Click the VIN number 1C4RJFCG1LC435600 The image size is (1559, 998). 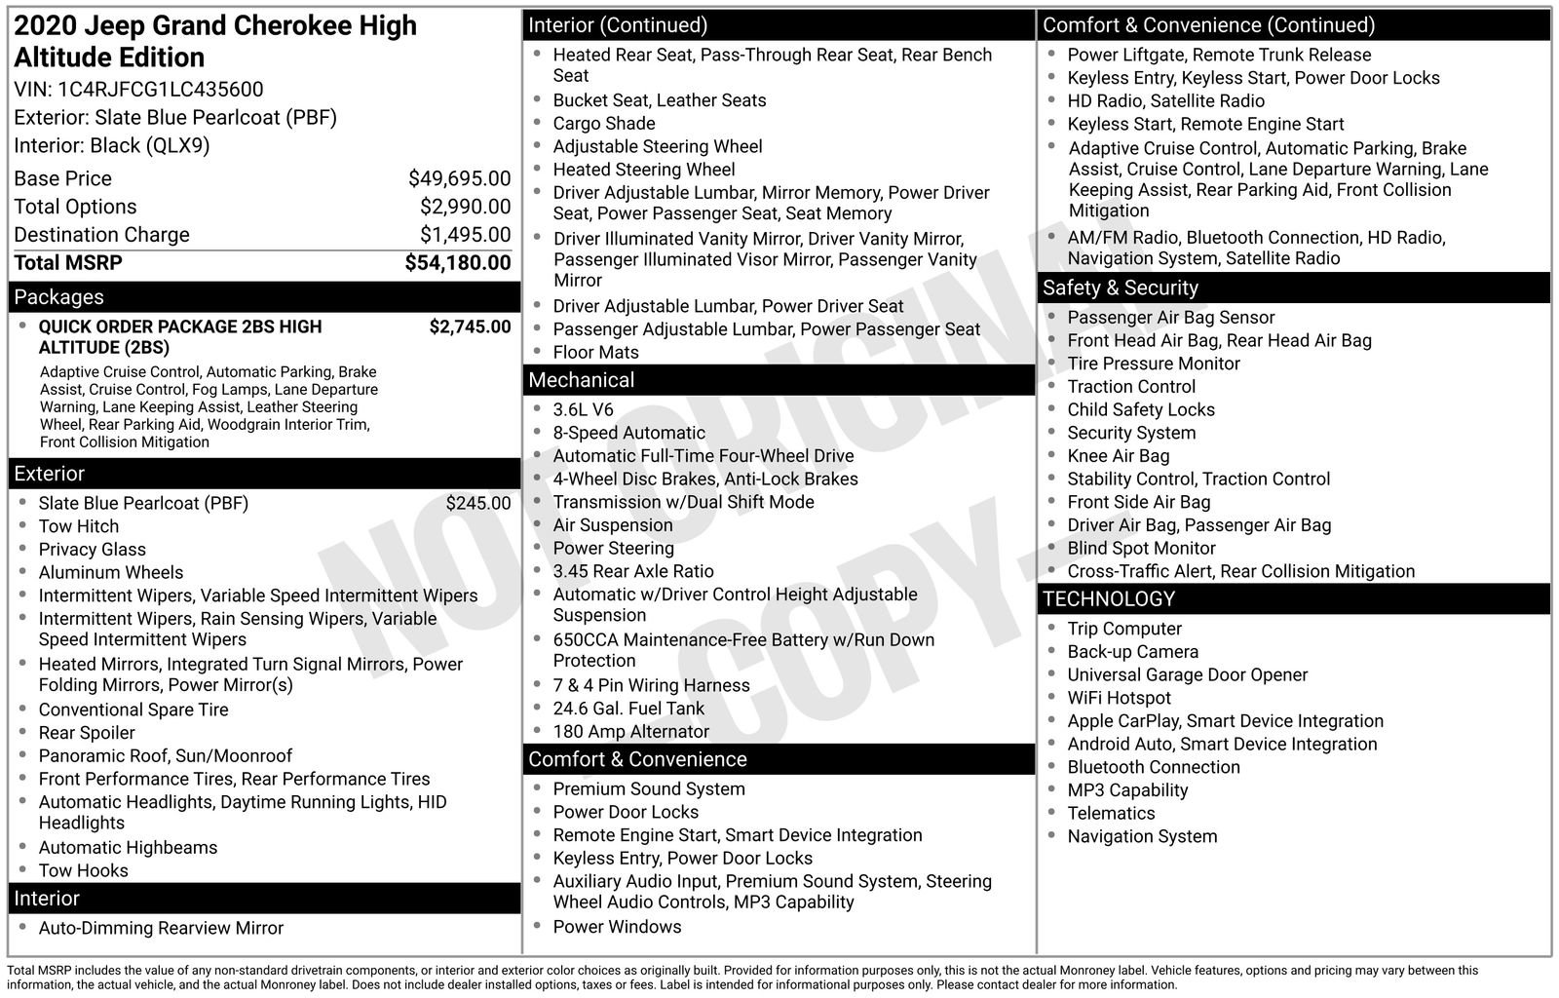click(161, 90)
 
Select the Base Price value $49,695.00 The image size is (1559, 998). click(459, 178)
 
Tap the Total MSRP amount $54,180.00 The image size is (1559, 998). click(457, 263)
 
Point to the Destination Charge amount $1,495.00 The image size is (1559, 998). click(465, 235)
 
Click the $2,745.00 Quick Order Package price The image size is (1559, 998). click(470, 326)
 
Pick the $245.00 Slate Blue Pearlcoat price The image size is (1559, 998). click(477, 503)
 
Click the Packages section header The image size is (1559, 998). click(58, 297)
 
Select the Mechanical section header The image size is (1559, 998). click(581, 380)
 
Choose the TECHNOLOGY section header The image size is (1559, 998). click(1109, 599)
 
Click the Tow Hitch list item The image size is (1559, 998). click(79, 526)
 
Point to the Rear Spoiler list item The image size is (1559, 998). click(87, 733)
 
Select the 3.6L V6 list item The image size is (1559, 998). click(584, 410)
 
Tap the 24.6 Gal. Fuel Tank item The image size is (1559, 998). click(628, 709)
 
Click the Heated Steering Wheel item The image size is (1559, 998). click(644, 170)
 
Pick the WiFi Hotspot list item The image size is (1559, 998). click(1119, 698)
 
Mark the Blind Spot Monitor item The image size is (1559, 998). click(1141, 549)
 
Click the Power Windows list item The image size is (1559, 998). click(617, 927)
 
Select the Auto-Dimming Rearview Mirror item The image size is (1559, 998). click(161, 929)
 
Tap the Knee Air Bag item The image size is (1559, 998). click(1118, 456)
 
